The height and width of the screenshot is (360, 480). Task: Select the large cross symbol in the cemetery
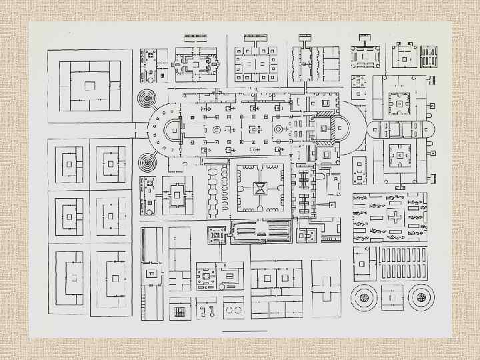pos(395,218)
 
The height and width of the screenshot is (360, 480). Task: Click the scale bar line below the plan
pos(244,331)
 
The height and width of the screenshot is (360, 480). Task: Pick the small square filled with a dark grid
pos(179,311)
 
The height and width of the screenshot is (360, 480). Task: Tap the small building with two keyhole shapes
pos(207,311)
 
